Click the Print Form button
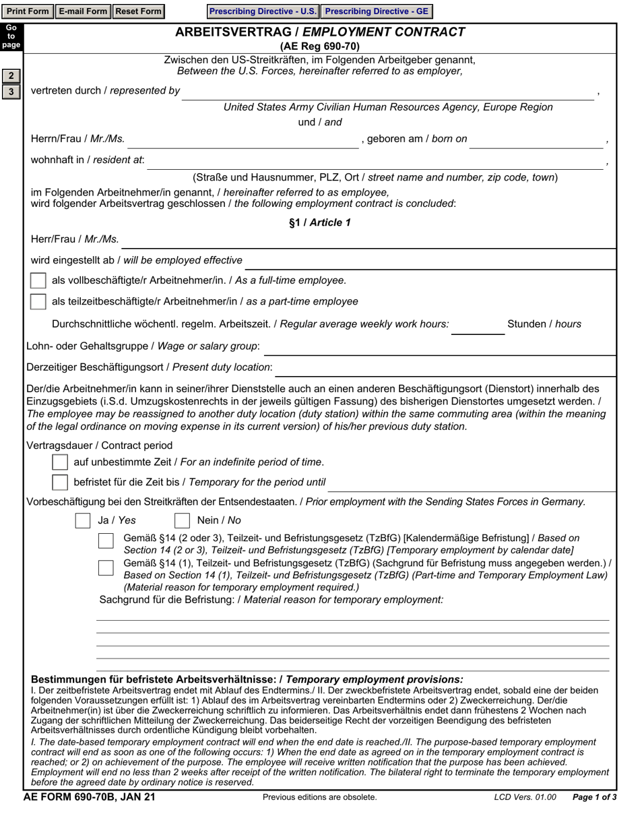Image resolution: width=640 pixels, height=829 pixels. click(x=28, y=11)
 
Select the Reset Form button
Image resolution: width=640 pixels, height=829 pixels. click(x=138, y=11)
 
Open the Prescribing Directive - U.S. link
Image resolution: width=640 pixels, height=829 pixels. click(x=263, y=11)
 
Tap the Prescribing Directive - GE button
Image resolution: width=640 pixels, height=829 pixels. click(x=376, y=11)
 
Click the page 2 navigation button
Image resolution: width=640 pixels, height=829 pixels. click(x=11, y=75)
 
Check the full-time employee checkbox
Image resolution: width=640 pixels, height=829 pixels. click(x=38, y=280)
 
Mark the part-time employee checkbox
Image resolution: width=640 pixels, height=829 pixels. click(x=38, y=301)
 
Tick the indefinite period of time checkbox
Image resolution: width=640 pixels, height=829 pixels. click(x=60, y=462)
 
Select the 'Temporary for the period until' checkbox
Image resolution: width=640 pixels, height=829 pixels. click(x=60, y=482)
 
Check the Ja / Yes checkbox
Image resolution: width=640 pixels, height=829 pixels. click(x=83, y=520)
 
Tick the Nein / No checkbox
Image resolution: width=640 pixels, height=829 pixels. click(x=182, y=520)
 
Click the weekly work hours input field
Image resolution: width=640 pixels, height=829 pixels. click(x=477, y=325)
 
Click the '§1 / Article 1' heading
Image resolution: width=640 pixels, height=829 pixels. click(x=320, y=222)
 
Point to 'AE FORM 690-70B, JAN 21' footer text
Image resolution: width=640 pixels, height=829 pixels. click(x=89, y=797)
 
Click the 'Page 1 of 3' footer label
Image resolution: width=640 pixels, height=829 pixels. click(x=594, y=797)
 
